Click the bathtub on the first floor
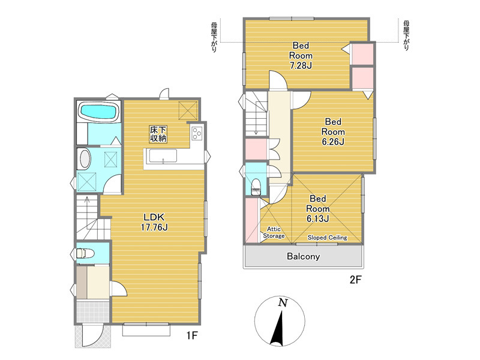98,111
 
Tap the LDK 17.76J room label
154,222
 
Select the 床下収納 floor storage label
158,134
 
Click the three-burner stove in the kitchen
197,133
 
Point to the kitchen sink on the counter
163,156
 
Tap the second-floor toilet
256,187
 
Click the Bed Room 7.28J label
301,55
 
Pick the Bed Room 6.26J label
333,131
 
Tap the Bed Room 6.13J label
318,208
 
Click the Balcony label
303,256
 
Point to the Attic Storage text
274,232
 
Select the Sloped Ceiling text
327,237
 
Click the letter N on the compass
283,303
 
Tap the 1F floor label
192,336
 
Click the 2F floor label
356,280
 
